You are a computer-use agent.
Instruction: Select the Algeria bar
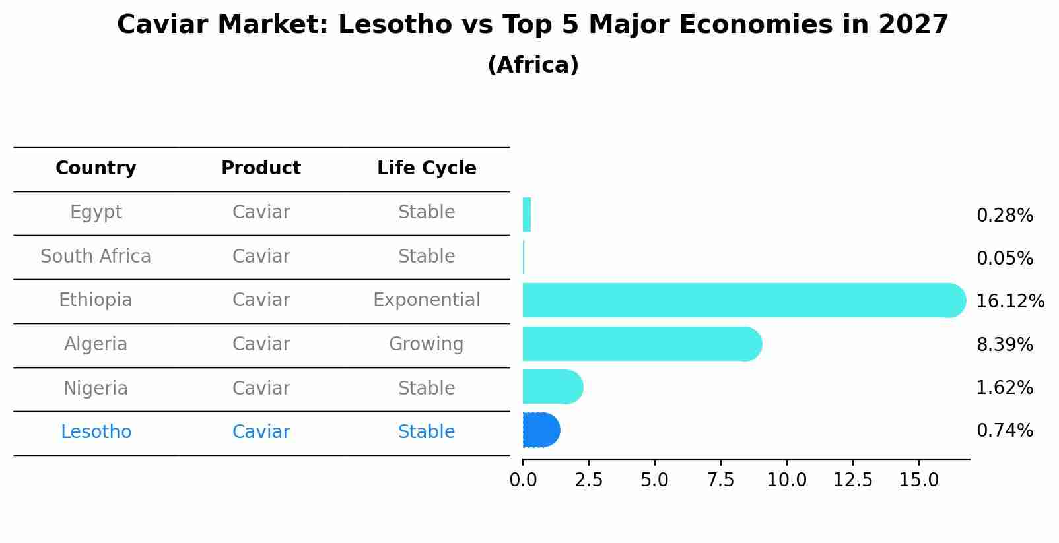pyautogui.click(x=640, y=344)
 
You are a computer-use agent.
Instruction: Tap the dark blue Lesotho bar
pyautogui.click(x=541, y=430)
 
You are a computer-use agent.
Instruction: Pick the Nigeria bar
pyautogui.click(x=552, y=387)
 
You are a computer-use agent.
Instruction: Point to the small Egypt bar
pyautogui.click(x=527, y=214)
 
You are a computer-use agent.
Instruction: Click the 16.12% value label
pyautogui.click(x=1009, y=302)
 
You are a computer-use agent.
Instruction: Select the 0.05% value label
pyautogui.click(x=1004, y=259)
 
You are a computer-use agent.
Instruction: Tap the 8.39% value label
pyautogui.click(x=1004, y=345)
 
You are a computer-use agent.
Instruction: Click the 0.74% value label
pyautogui.click(x=1004, y=431)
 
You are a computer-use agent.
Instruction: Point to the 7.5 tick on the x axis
pyautogui.click(x=720, y=480)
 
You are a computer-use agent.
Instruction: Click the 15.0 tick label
pyautogui.click(x=918, y=480)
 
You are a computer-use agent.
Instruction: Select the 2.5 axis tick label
pyautogui.click(x=588, y=480)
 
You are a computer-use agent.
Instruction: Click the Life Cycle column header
pyautogui.click(x=427, y=168)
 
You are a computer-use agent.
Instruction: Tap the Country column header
pyautogui.click(x=96, y=168)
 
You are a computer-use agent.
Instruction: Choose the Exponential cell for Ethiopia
pyautogui.click(x=427, y=300)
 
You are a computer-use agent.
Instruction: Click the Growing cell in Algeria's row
pyautogui.click(x=426, y=344)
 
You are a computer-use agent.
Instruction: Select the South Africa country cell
pyautogui.click(x=96, y=257)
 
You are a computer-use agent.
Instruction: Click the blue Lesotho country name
pyautogui.click(x=96, y=432)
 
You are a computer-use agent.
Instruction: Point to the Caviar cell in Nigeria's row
pyautogui.click(x=261, y=389)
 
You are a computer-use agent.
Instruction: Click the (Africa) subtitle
pyautogui.click(x=533, y=65)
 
